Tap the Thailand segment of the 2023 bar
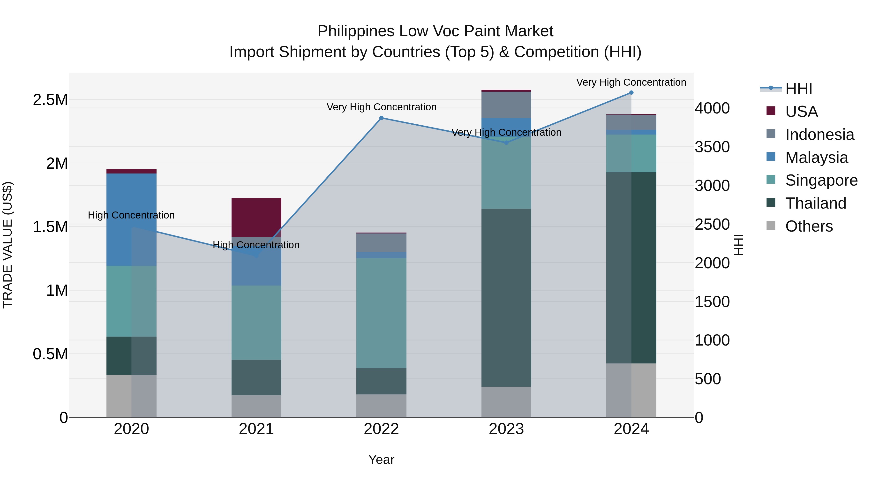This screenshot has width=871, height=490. coord(506,298)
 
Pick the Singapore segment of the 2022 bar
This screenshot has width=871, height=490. coord(381,313)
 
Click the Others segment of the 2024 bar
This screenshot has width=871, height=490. coord(631,390)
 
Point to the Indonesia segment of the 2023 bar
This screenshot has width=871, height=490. coord(506,105)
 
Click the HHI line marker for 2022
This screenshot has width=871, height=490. coord(381,118)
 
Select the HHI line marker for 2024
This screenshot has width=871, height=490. coord(631,93)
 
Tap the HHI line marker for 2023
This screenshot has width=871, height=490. coord(506,143)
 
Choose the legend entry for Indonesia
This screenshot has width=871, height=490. coord(819,135)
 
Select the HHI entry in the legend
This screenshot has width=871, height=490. coord(798,89)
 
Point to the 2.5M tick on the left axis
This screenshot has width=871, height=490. coord(50,100)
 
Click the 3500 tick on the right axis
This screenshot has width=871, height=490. coord(712,147)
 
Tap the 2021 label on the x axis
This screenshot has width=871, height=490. coord(256,429)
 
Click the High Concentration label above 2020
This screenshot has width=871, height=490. coord(131,215)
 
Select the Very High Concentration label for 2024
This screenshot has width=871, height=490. coord(631,82)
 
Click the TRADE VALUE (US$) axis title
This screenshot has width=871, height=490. coord(8,245)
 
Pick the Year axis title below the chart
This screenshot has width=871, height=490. coord(381,460)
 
